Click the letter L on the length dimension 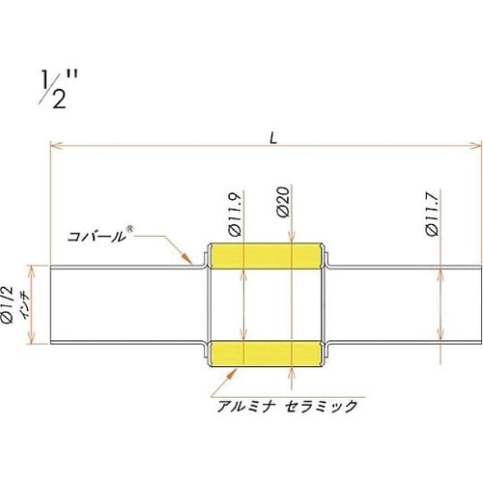[274, 138]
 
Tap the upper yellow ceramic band [267, 256]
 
